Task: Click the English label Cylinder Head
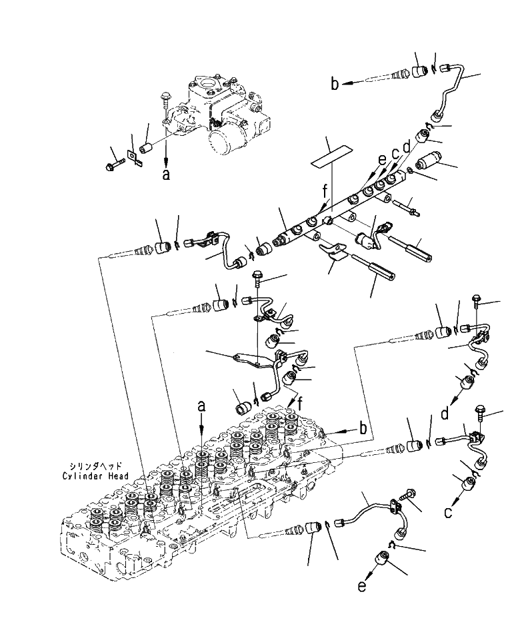(x=95, y=476)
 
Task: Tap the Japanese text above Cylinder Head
(x=95, y=466)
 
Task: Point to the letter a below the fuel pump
(x=165, y=174)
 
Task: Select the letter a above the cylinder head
(x=201, y=406)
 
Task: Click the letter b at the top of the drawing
(x=335, y=84)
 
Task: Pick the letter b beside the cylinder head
(x=363, y=428)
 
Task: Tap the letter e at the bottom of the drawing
(x=362, y=587)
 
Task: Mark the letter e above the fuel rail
(x=381, y=160)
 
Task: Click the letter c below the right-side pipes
(x=448, y=512)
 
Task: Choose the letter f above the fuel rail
(x=325, y=190)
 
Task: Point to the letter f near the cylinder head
(x=301, y=404)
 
